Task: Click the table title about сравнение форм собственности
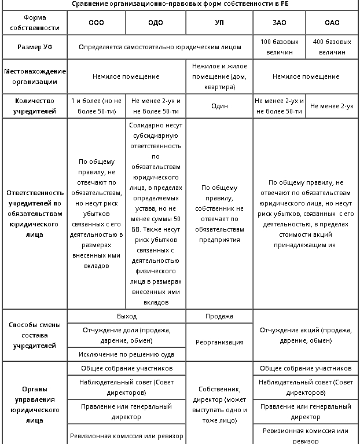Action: pos(180,3)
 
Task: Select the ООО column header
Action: pos(96,23)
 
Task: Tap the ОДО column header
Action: pos(155,23)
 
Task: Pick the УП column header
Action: pos(219,23)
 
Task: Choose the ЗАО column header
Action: pos(280,23)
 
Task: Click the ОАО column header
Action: pos(332,23)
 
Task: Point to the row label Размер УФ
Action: pos(34,47)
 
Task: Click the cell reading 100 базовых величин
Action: pos(280,47)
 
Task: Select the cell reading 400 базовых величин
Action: pos(332,47)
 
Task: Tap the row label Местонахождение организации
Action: pos(34,76)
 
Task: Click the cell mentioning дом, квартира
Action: pos(219,76)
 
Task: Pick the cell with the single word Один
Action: pos(219,106)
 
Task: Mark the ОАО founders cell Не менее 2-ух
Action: pos(332,106)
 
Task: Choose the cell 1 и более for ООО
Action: pos(96,106)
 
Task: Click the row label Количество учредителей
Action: pos(34,106)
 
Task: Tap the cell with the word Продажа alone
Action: pos(219,316)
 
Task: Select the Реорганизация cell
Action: pos(219,342)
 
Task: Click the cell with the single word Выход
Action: pos(127,316)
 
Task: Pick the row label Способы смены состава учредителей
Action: pos(34,335)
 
